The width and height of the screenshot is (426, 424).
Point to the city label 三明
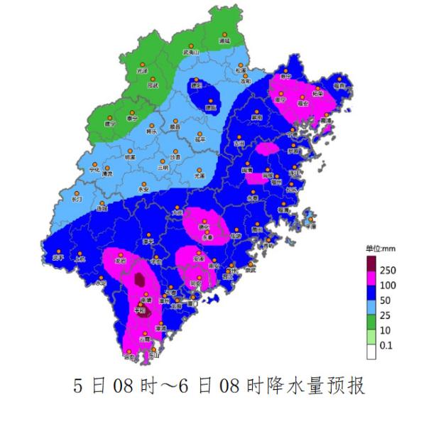click(x=164, y=168)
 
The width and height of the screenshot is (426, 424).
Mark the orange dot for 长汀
click(x=77, y=193)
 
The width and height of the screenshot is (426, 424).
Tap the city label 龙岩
click(x=121, y=261)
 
